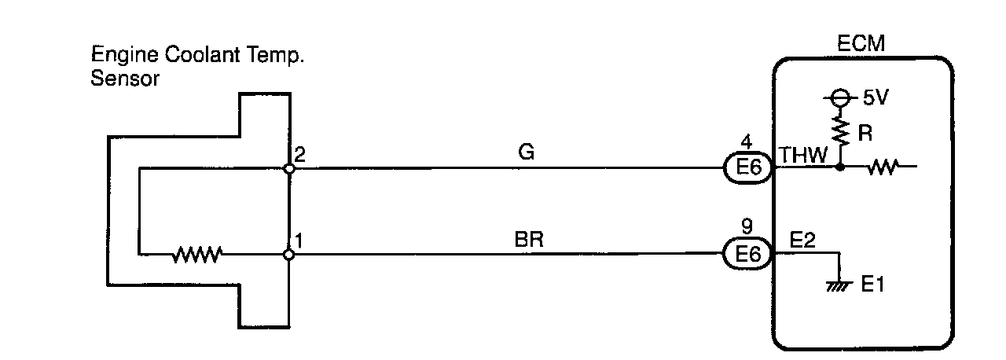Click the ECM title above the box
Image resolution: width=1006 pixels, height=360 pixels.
(x=862, y=45)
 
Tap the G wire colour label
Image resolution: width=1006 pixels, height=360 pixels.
(x=527, y=153)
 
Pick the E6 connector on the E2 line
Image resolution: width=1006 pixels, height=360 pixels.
(x=747, y=254)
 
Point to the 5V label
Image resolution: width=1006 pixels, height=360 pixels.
(x=876, y=100)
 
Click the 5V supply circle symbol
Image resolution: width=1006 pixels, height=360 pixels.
(x=840, y=99)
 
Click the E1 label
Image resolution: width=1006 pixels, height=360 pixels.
(x=872, y=284)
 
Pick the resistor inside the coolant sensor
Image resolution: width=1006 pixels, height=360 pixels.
(x=197, y=254)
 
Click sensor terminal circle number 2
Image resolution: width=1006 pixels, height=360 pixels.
(x=289, y=167)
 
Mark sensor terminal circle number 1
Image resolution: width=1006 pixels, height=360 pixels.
(x=289, y=254)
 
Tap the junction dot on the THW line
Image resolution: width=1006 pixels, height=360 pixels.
(x=840, y=167)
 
